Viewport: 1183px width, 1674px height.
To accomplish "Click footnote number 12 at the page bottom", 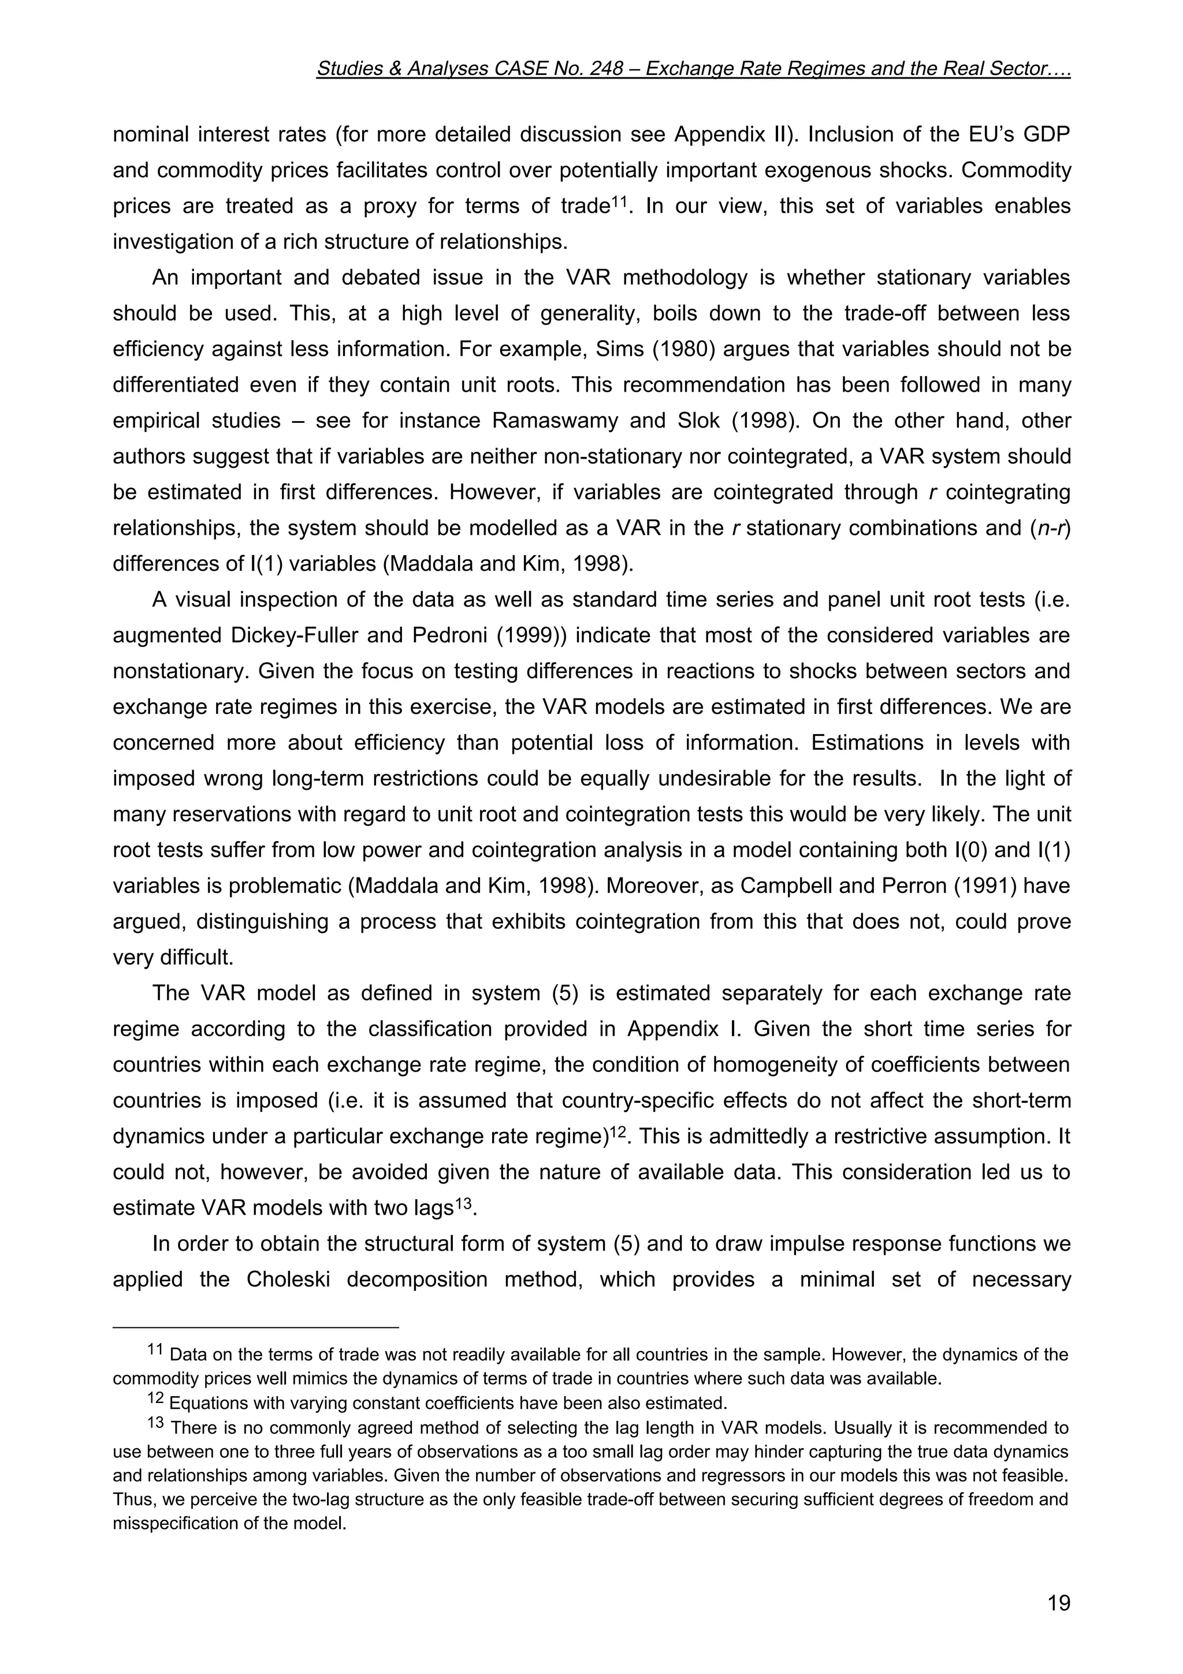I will click(x=156, y=1399).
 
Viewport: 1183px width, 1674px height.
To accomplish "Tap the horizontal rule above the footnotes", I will click(x=255, y=1327).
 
